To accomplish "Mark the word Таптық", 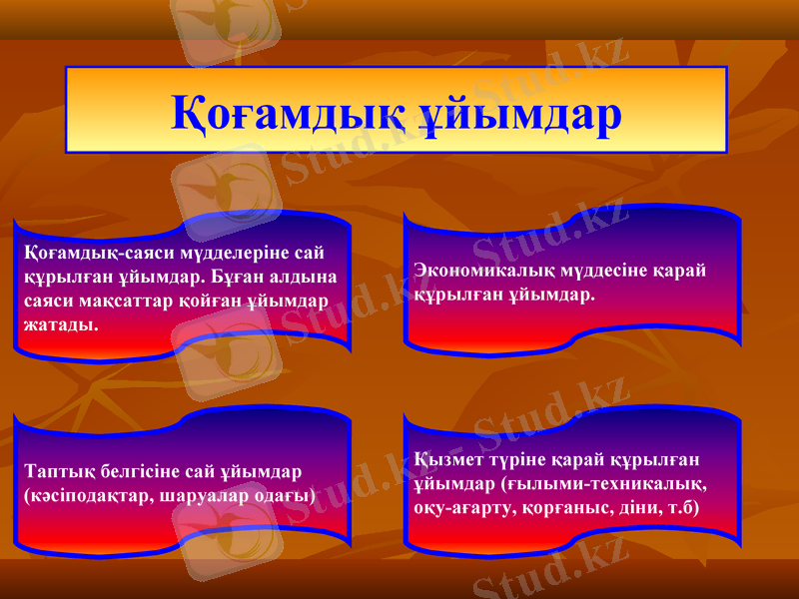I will tap(55, 470).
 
